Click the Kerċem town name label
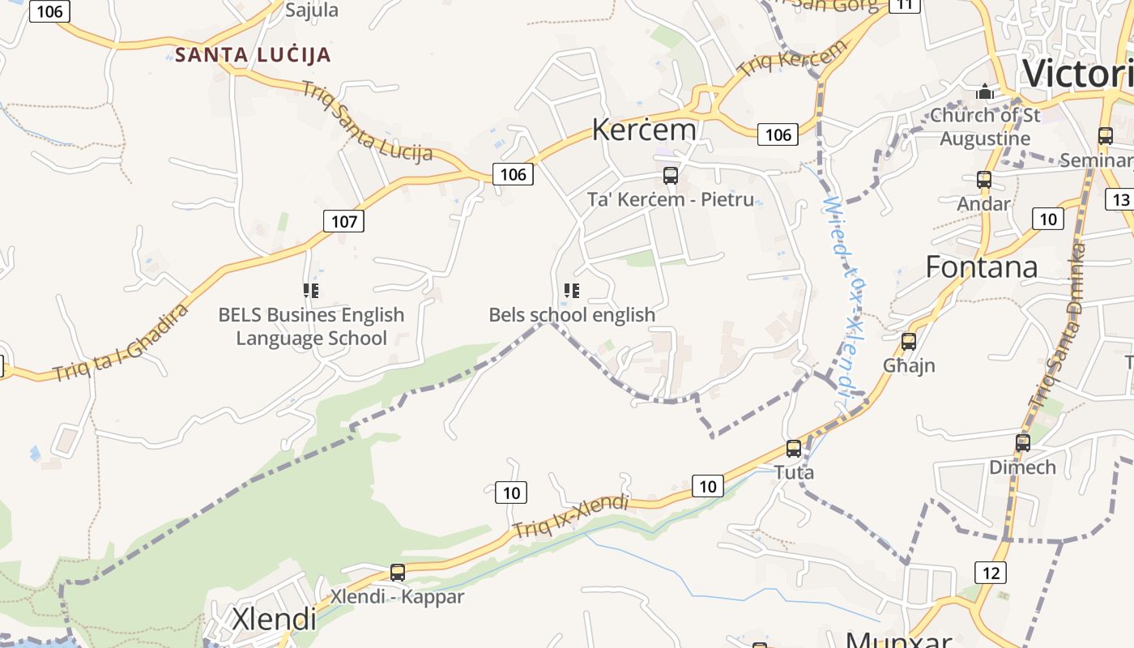(644, 130)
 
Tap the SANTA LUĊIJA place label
(253, 55)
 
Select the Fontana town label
(981, 266)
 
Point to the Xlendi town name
(274, 619)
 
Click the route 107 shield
(343, 221)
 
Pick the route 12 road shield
(991, 573)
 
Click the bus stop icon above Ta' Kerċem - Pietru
(670, 176)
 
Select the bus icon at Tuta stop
(794, 449)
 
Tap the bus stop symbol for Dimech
(1023, 443)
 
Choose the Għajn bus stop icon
(909, 342)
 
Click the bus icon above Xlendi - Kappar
(397, 573)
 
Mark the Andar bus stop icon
(984, 180)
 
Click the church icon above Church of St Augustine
(985, 92)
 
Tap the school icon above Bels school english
(572, 290)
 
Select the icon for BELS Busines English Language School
(311, 290)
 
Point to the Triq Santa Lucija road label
(366, 122)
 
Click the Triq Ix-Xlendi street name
(570, 516)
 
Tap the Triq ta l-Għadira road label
(121, 343)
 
